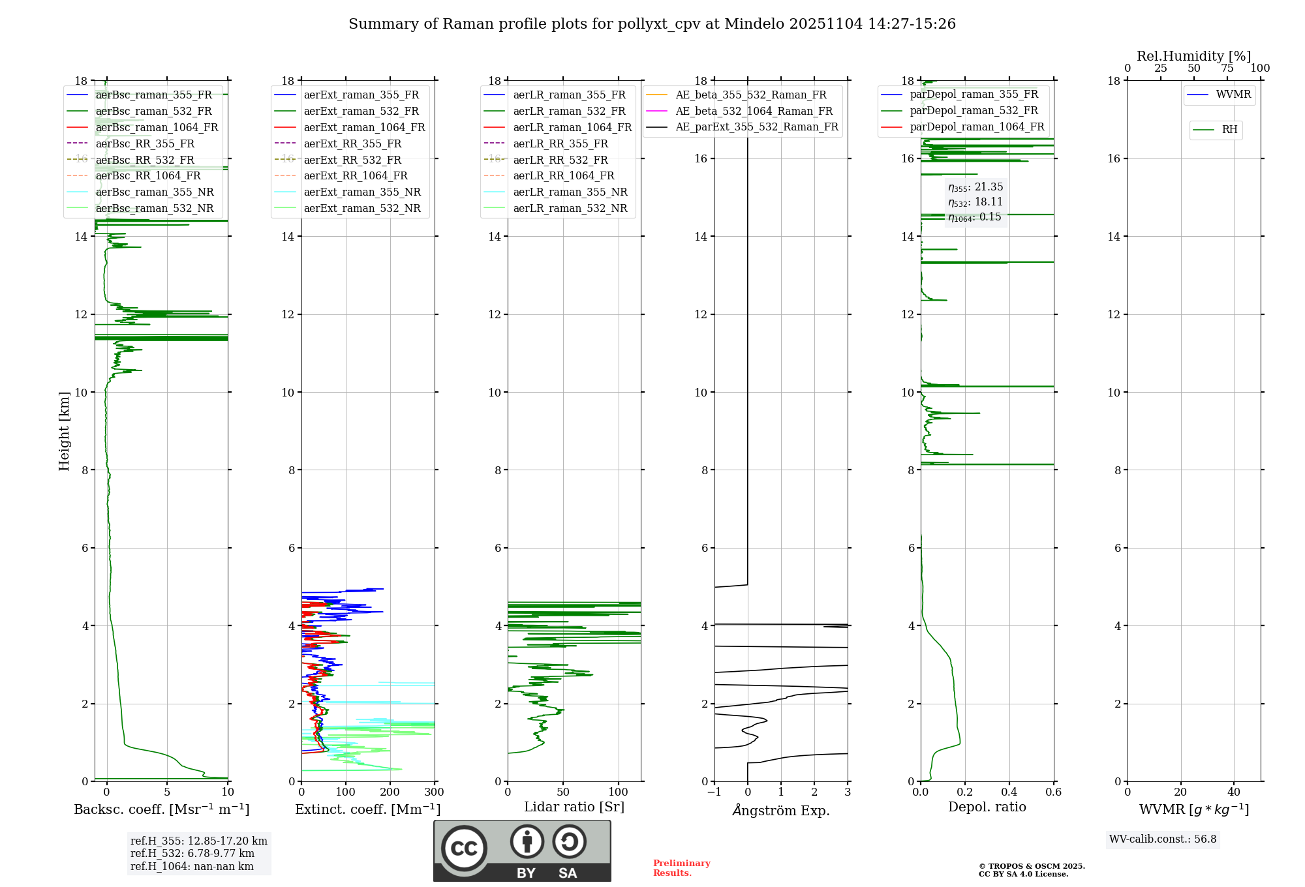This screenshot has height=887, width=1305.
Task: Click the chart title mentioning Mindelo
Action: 652,24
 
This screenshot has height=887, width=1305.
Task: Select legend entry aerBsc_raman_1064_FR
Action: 157,127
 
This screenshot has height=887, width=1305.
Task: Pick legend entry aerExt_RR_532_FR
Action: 352,160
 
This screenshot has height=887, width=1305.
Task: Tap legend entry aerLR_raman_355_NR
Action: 570,192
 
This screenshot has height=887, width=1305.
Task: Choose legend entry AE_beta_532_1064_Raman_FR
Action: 754,111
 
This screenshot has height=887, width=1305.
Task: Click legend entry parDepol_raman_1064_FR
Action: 977,127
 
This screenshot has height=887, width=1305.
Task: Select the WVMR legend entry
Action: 1233,95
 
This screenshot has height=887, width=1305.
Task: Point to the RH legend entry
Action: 1229,130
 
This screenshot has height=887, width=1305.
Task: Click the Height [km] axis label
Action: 64,431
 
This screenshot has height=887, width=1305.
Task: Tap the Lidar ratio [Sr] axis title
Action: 574,807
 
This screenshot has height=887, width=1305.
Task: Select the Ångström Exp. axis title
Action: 781,811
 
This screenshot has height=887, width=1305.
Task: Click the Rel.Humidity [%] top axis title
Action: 1193,56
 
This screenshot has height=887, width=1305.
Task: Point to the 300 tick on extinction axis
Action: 434,792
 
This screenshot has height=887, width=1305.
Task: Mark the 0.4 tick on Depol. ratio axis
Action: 1009,792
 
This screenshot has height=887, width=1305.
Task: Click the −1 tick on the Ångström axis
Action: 714,792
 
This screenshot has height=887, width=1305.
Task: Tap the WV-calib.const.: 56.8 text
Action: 1163,839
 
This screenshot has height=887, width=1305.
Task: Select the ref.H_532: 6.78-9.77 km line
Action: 192,854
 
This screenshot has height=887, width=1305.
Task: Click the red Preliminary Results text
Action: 681,868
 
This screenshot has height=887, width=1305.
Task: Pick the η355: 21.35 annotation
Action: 975,187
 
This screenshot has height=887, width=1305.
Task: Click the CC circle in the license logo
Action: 464,849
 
